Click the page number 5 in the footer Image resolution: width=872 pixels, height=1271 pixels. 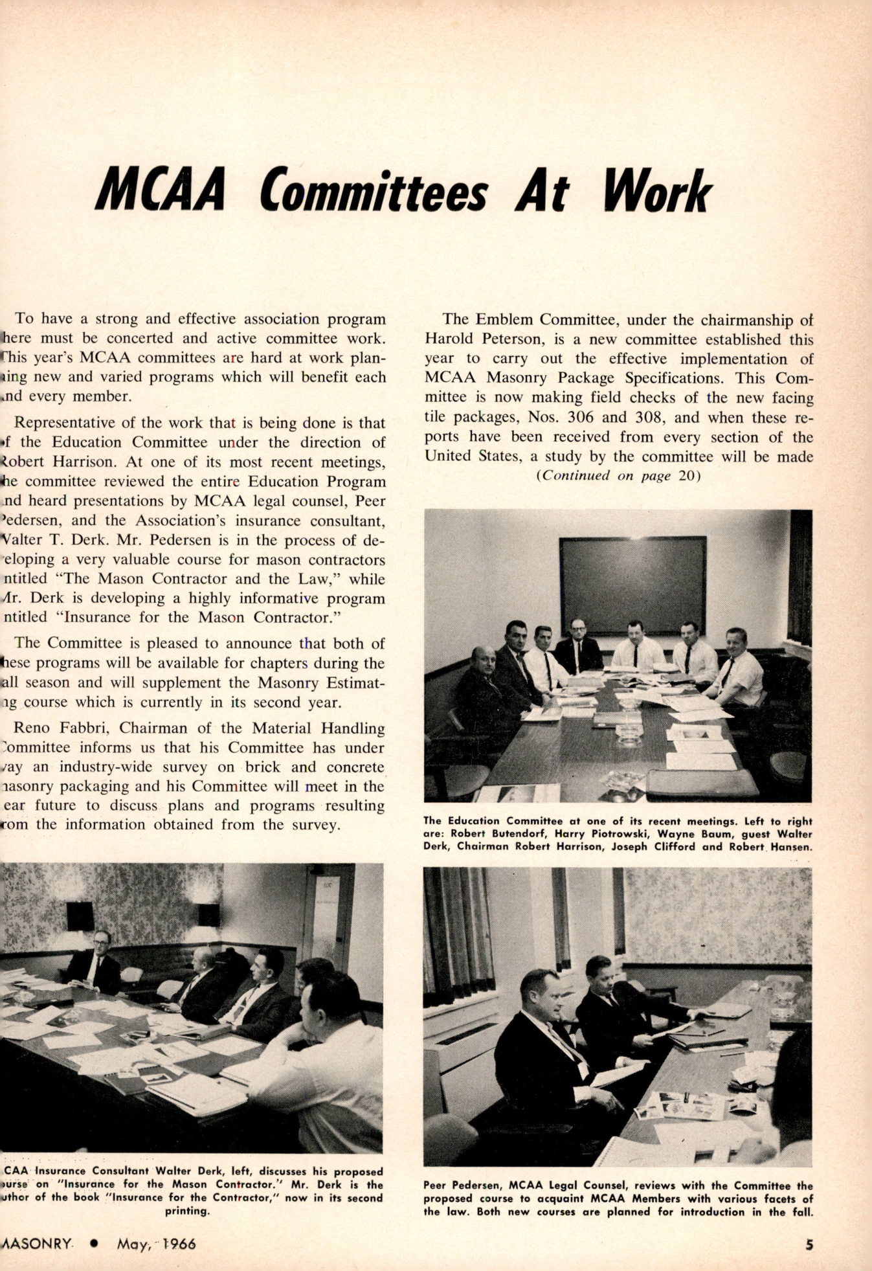(809, 1244)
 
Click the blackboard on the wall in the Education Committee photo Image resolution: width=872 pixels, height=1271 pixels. (632, 582)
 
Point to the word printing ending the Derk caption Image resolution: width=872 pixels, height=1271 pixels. (186, 1210)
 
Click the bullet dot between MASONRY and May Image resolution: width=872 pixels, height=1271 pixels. (95, 1243)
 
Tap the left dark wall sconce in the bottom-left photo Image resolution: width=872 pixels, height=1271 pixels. (80, 916)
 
